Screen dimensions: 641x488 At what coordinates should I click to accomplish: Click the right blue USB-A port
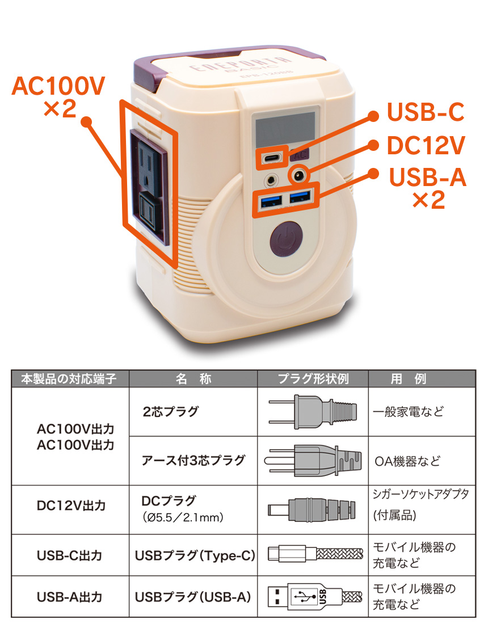(300, 197)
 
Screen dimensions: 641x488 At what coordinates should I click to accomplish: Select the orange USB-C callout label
(425, 112)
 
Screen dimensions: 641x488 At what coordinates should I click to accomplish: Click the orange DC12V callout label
(425, 146)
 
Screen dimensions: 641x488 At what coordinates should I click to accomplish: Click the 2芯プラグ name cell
(170, 412)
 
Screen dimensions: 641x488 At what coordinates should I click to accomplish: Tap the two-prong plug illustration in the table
(313, 412)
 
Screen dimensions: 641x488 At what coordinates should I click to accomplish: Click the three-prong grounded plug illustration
(313, 460)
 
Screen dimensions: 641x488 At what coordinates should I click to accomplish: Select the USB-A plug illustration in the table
(313, 596)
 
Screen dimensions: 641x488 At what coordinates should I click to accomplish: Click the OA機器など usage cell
(407, 460)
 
